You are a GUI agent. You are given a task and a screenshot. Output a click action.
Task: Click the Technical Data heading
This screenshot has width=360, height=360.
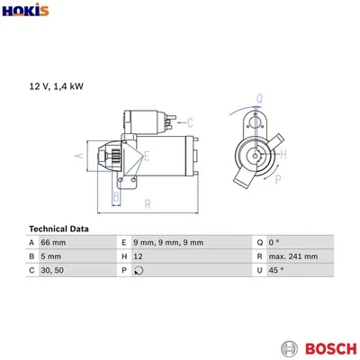[59, 228]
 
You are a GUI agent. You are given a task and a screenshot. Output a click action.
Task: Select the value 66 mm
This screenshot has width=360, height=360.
[55, 243]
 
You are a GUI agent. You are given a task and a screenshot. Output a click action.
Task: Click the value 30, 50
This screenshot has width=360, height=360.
[53, 270]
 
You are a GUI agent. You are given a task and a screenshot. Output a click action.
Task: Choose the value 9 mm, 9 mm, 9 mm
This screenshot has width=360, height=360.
[168, 243]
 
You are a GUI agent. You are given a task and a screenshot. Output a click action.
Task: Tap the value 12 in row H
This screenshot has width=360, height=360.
[138, 256]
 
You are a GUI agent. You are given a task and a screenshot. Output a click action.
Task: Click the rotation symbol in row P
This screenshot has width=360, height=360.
[137, 270]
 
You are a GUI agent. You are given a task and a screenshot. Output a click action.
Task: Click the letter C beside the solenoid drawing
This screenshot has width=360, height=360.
[190, 122]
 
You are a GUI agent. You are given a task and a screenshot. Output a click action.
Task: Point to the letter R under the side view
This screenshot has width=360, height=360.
[147, 204]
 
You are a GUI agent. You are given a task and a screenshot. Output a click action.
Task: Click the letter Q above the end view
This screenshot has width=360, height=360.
[258, 98]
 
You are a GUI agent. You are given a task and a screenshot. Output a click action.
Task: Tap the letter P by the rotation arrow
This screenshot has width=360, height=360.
[277, 179]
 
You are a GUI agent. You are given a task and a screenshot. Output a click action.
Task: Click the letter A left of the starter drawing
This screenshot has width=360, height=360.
[78, 156]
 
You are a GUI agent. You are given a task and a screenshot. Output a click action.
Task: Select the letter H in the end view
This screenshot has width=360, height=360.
[284, 155]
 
